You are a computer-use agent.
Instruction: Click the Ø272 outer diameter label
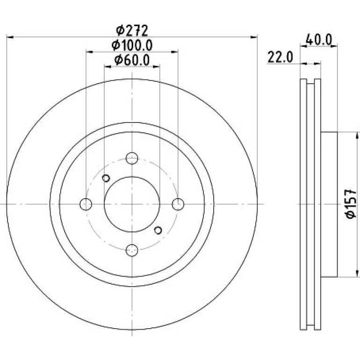pos(132,31)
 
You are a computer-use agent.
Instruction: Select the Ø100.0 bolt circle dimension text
pos(132,45)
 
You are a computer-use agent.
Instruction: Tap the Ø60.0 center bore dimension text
pos(132,60)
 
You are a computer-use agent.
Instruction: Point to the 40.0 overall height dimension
pos(319,40)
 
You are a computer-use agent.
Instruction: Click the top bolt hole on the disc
pos(132,158)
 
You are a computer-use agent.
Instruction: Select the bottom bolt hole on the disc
pos(132,250)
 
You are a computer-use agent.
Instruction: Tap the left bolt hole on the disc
pos(86,204)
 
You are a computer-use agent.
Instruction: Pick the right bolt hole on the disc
pos(178,204)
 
